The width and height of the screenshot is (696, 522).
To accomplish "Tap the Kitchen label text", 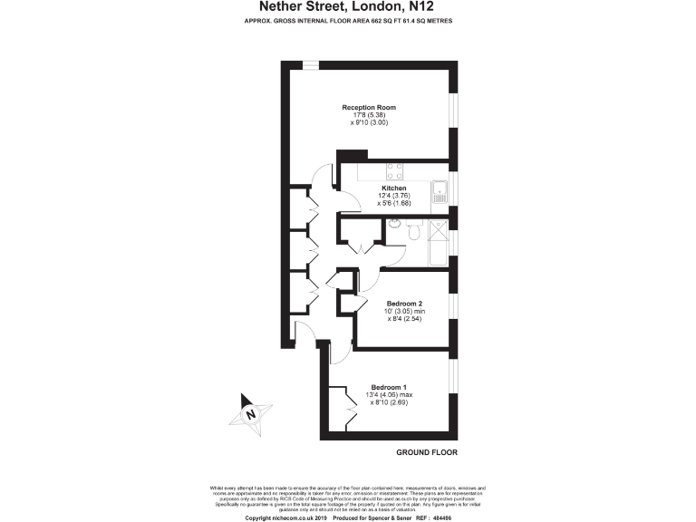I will pos(381,188).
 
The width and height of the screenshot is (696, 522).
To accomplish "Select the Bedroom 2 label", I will pos(405,303).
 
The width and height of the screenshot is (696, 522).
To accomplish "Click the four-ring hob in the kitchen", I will pos(395,169).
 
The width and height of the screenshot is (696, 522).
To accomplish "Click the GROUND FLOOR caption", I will pos(426,451).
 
